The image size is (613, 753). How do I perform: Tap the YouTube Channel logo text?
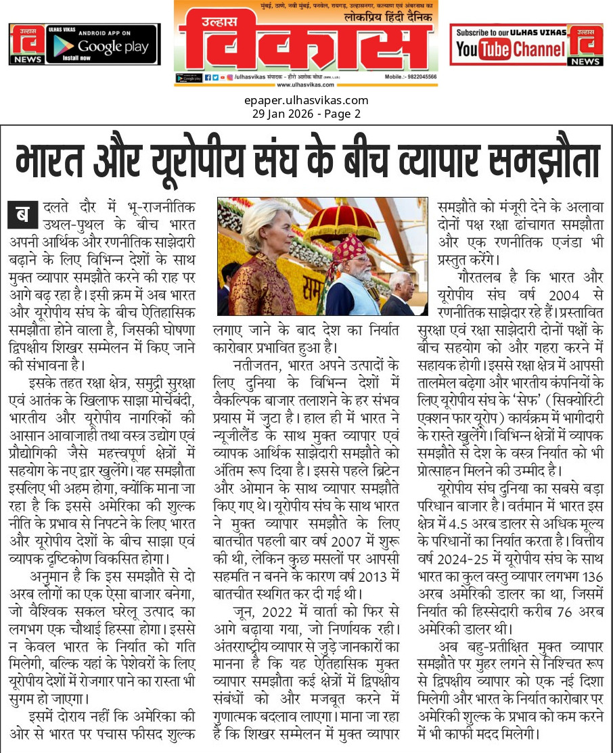pyautogui.click(x=510, y=49)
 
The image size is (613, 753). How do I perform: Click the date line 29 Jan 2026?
pyautogui.click(x=306, y=114)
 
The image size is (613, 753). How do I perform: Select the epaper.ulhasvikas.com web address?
pyautogui.click(x=306, y=101)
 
